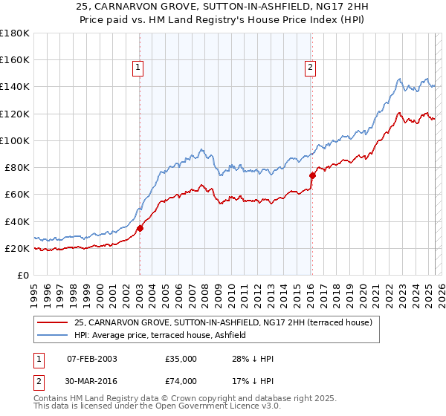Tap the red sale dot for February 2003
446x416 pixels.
(x=140, y=228)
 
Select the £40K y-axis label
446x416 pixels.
(x=17, y=221)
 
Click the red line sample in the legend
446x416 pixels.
(x=51, y=322)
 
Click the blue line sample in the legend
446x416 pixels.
(x=51, y=335)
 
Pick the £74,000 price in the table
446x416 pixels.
(x=181, y=381)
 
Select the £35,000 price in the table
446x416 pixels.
(x=181, y=359)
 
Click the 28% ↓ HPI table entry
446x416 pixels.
(x=253, y=359)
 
